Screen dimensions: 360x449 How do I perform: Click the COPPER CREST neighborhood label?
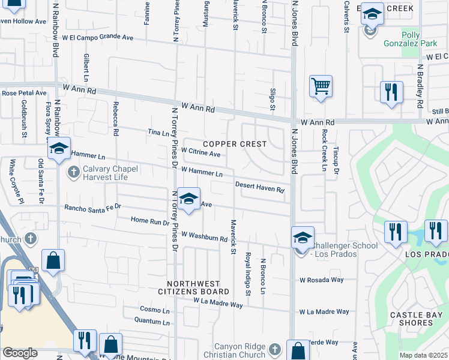click(235, 144)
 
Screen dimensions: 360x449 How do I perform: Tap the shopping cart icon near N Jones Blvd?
click(321, 86)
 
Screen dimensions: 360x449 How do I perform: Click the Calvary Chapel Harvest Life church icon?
click(73, 173)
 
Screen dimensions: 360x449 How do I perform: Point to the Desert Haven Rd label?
click(259, 187)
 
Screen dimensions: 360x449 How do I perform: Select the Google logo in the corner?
click(20, 353)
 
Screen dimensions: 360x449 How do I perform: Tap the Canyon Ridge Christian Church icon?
click(274, 349)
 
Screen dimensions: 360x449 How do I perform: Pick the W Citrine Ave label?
click(200, 154)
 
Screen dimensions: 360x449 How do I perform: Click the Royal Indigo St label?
click(247, 274)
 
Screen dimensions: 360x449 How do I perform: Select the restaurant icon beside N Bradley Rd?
click(391, 92)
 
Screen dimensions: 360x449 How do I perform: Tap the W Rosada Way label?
click(322, 280)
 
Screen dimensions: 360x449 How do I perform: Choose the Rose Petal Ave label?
click(24, 93)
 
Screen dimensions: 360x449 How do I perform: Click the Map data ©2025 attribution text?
click(423, 355)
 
